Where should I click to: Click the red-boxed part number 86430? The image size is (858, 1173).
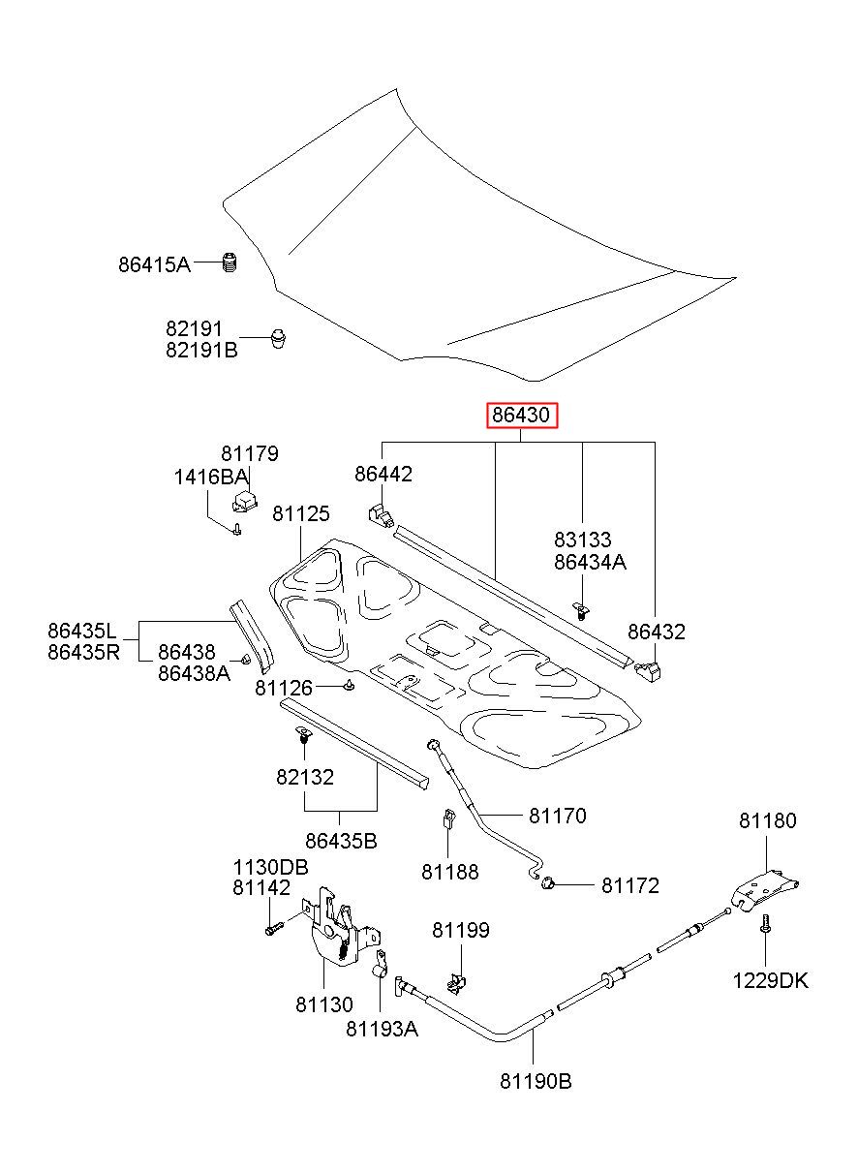[x=520, y=416]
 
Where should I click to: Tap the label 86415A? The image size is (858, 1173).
[x=154, y=264]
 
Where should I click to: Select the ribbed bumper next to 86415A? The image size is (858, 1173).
[x=230, y=262]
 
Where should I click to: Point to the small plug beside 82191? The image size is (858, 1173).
[x=278, y=338]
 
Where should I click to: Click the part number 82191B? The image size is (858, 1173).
[x=201, y=350]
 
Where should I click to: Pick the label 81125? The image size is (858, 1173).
[x=301, y=513]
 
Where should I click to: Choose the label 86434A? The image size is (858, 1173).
[x=590, y=562]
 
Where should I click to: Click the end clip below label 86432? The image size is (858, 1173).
[x=648, y=671]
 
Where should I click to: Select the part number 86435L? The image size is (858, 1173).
[x=82, y=631]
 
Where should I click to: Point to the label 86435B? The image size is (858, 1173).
[x=341, y=841]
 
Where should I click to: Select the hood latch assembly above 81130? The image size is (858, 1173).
[x=340, y=930]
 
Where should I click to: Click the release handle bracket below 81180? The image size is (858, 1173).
[x=765, y=892]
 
